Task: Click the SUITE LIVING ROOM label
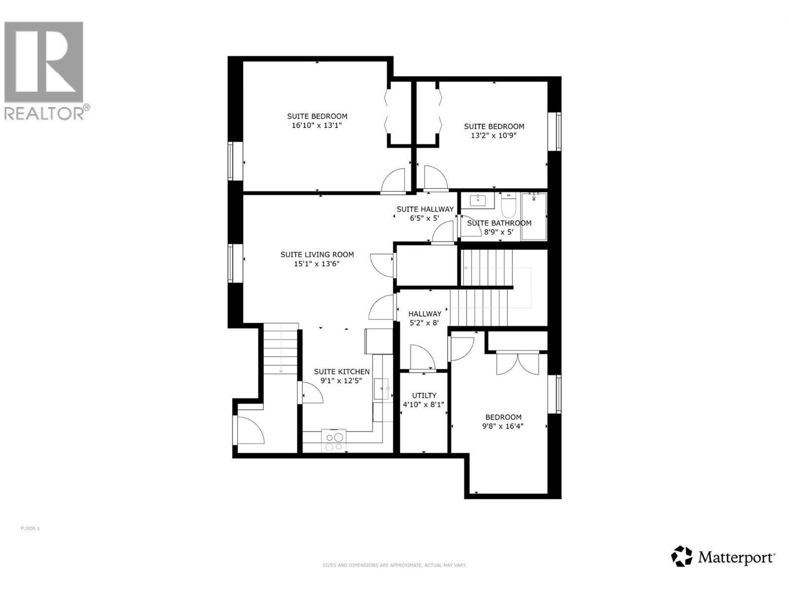(x=317, y=255)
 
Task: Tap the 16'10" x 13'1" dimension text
(x=317, y=125)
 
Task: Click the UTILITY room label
(x=424, y=396)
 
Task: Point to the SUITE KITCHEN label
(x=342, y=371)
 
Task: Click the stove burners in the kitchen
(x=334, y=441)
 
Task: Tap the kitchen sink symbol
(x=382, y=389)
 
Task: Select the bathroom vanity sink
(x=477, y=200)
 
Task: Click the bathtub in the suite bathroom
(x=534, y=216)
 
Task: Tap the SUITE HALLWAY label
(x=425, y=209)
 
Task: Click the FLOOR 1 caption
(x=30, y=528)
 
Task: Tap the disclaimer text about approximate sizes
(x=394, y=565)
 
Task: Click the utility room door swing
(x=422, y=357)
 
